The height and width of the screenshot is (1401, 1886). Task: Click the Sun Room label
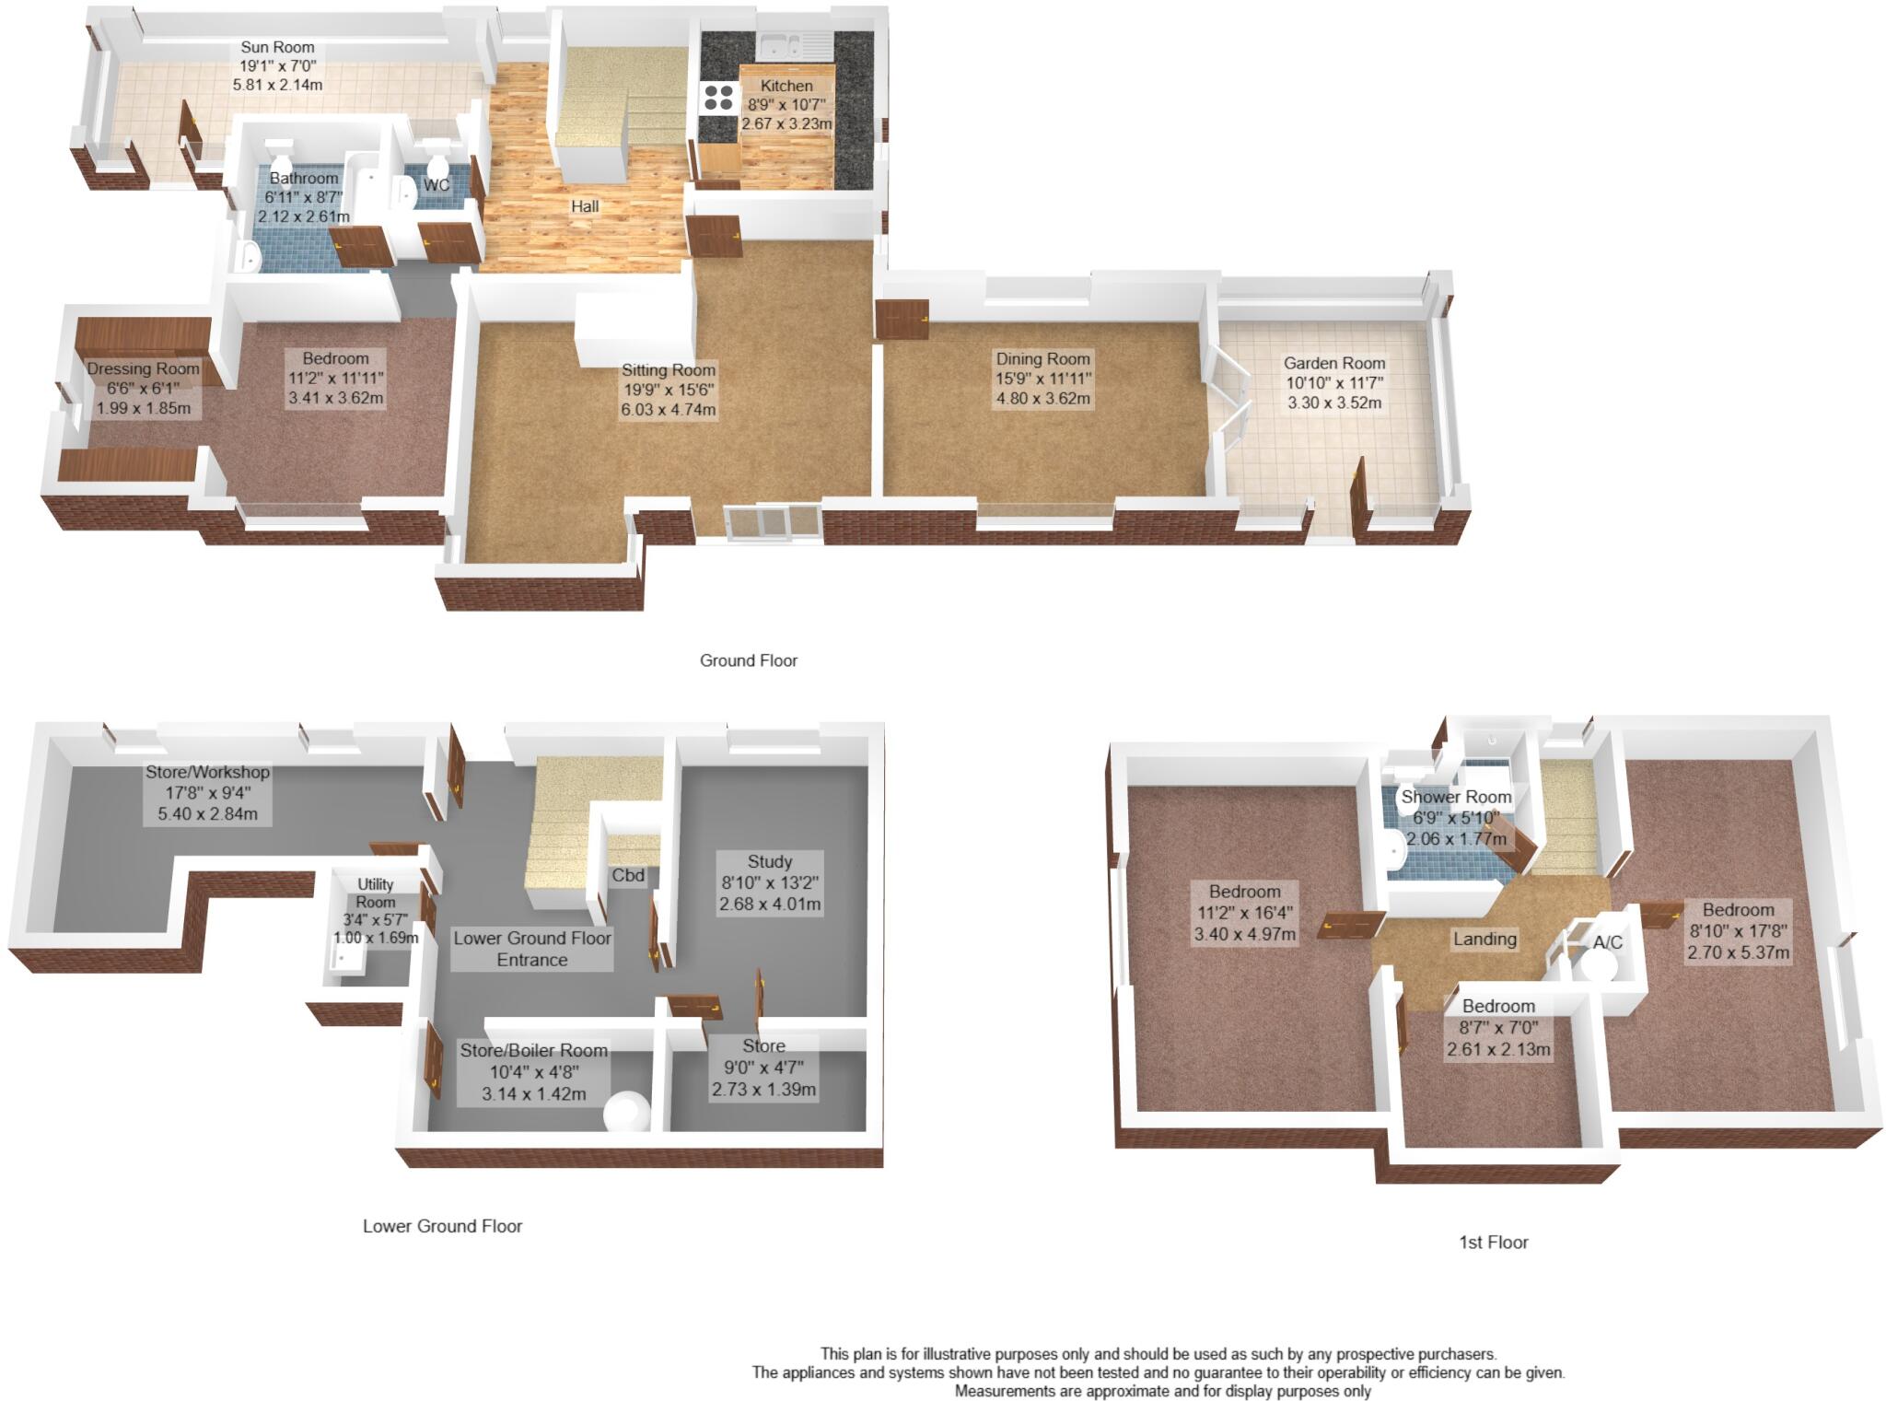pyautogui.click(x=277, y=47)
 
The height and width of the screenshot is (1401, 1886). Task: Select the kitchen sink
pyautogui.click(x=784, y=43)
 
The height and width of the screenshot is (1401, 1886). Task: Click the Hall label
pyautogui.click(x=585, y=206)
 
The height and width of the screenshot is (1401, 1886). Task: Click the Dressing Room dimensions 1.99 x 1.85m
pyautogui.click(x=144, y=407)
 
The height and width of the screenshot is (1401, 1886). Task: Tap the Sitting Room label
pyautogui.click(x=668, y=370)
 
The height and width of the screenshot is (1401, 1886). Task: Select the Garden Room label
pyautogui.click(x=1334, y=363)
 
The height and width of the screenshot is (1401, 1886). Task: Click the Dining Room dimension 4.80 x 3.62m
pyautogui.click(x=1042, y=399)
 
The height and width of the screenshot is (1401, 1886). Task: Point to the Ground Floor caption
pyautogui.click(x=748, y=660)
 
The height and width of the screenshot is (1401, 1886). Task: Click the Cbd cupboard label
pyautogui.click(x=628, y=875)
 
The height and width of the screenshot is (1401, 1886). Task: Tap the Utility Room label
pyautogui.click(x=375, y=893)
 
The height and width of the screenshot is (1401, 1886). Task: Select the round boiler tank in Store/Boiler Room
pyautogui.click(x=626, y=1111)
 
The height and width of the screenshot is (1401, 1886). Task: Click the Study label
pyautogui.click(x=769, y=862)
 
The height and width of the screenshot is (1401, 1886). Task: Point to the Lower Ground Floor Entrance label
pyautogui.click(x=532, y=949)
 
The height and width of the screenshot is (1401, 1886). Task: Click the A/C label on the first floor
pyautogui.click(x=1608, y=943)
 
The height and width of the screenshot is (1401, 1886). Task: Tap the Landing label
pyautogui.click(x=1484, y=939)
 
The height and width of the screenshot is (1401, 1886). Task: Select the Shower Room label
pyautogui.click(x=1456, y=797)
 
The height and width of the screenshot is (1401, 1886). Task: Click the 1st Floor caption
pyautogui.click(x=1493, y=1243)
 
